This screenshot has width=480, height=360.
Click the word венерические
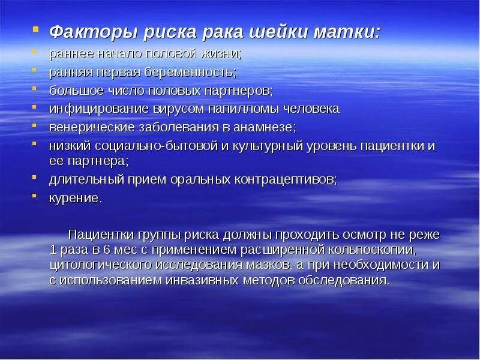tap(89, 127)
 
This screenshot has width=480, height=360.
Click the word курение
tap(75, 198)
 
